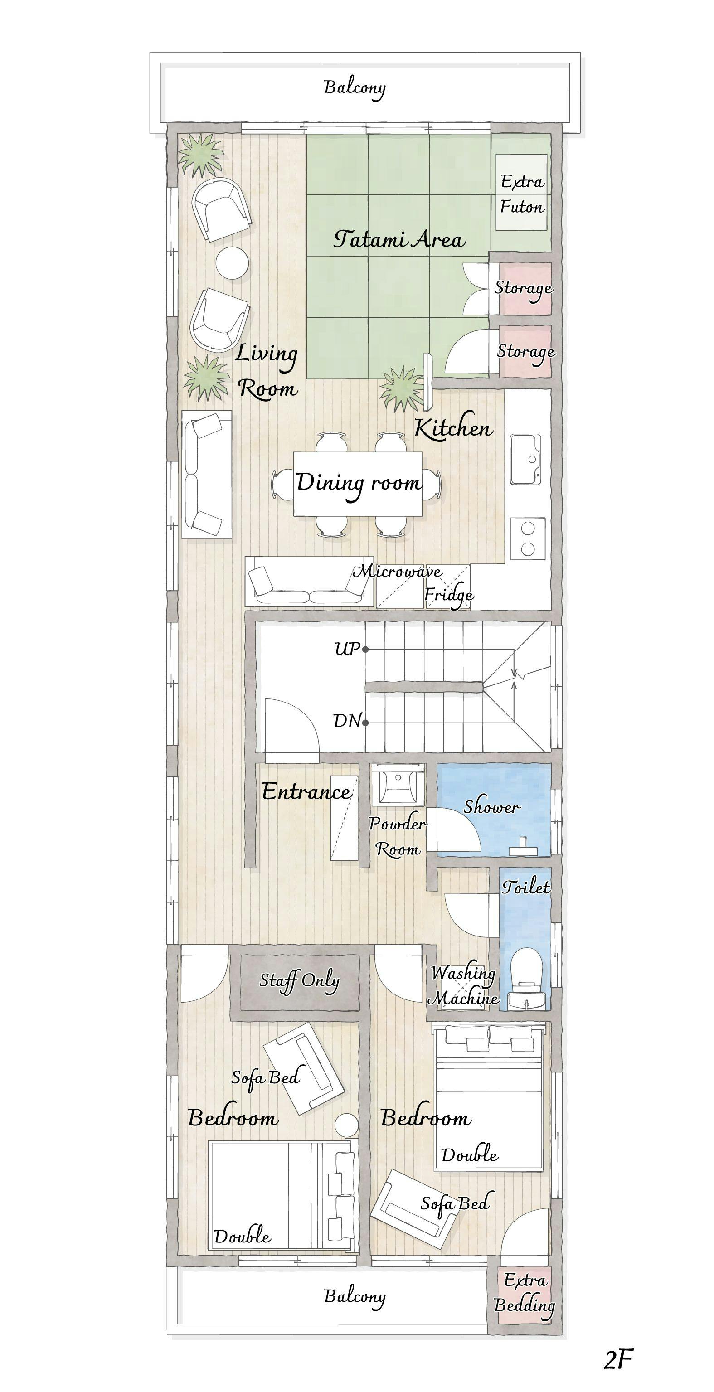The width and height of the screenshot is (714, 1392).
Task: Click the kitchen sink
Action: [525, 459]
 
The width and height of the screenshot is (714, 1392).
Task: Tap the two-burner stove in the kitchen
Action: [528, 538]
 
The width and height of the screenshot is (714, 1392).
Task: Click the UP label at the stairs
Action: [347, 649]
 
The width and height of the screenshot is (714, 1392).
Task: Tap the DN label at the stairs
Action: [346, 720]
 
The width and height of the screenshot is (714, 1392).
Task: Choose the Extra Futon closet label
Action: [522, 194]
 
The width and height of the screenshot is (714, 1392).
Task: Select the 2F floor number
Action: [618, 1359]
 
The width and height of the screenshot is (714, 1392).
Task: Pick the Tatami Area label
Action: [399, 239]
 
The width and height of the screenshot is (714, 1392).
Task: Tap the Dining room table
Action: [358, 484]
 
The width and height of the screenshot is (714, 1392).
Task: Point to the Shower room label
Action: [492, 807]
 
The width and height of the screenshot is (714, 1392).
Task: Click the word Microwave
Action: [397, 571]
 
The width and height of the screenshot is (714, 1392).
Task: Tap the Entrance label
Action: [306, 792]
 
